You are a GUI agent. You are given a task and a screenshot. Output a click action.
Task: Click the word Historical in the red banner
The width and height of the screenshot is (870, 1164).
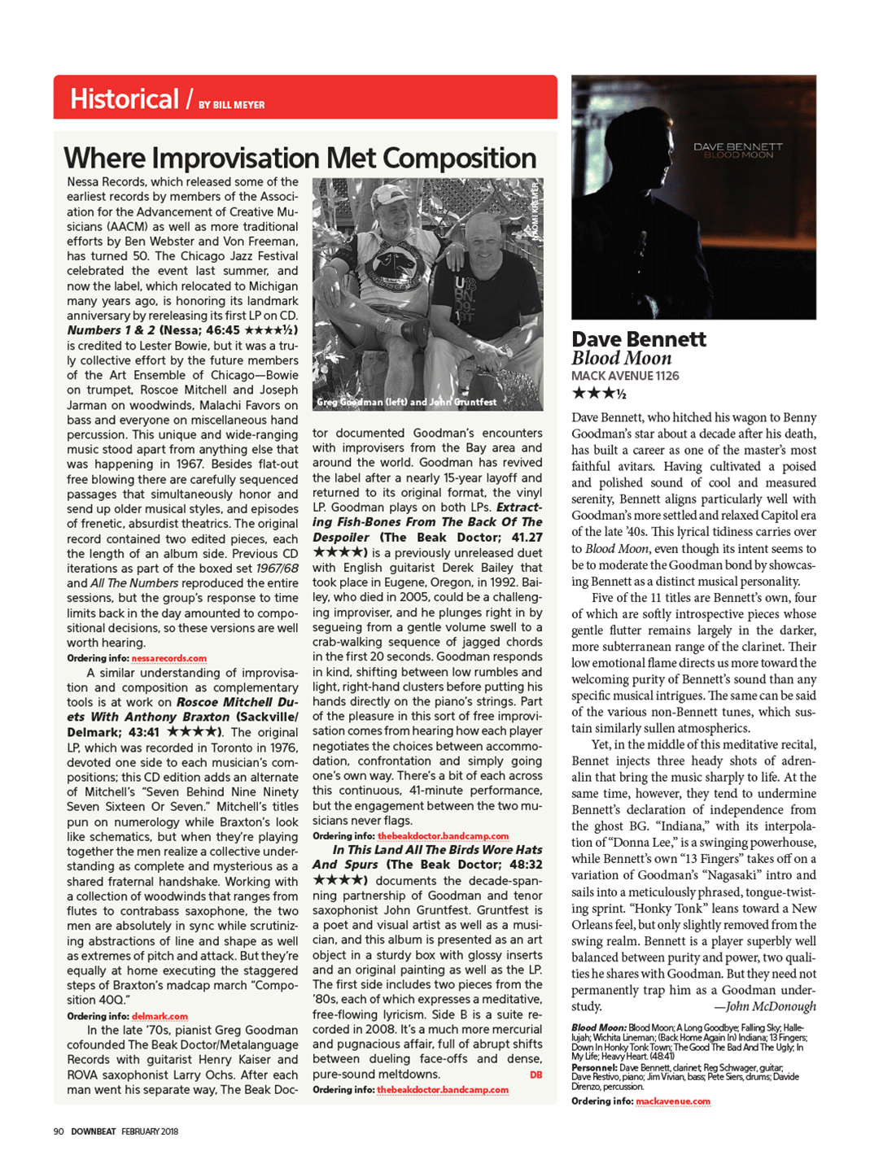[124, 99]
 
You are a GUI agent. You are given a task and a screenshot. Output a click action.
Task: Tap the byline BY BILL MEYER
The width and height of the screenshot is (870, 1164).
[232, 105]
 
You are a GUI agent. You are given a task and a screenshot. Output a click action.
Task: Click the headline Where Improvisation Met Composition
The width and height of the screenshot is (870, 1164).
[299, 158]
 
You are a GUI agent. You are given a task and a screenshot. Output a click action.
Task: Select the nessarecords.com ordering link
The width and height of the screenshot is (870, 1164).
[168, 658]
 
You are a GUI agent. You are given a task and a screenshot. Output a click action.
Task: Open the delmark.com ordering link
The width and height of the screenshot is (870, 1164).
[160, 1016]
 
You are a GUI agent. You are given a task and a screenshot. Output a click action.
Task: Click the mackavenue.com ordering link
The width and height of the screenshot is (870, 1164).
[672, 1101]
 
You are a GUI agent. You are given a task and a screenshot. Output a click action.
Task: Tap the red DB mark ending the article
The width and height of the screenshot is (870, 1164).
[536, 1075]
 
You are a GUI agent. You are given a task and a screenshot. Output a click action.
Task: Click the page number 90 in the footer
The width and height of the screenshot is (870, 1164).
[59, 1131]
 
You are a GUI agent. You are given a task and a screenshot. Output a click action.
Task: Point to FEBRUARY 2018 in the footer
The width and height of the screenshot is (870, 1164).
[150, 1131]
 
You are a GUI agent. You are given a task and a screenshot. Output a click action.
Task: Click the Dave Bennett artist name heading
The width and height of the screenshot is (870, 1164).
[638, 339]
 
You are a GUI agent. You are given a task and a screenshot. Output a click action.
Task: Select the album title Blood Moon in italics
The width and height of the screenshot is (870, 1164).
[621, 358]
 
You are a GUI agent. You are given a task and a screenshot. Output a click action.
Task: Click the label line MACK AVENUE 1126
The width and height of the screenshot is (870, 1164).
[624, 376]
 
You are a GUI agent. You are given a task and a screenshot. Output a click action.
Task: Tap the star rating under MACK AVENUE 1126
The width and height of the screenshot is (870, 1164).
[598, 394]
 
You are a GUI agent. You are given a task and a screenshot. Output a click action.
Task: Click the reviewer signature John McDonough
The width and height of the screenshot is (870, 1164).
[770, 1006]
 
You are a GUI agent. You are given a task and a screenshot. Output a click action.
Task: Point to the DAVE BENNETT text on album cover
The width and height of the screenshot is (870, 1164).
[737, 146]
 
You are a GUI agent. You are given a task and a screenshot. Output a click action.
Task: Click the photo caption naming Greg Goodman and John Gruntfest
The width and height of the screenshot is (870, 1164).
[406, 402]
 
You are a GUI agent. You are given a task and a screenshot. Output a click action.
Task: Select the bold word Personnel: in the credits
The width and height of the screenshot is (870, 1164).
[593, 1067]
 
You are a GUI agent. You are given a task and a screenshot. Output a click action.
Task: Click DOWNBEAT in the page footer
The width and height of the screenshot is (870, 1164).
[93, 1131]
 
